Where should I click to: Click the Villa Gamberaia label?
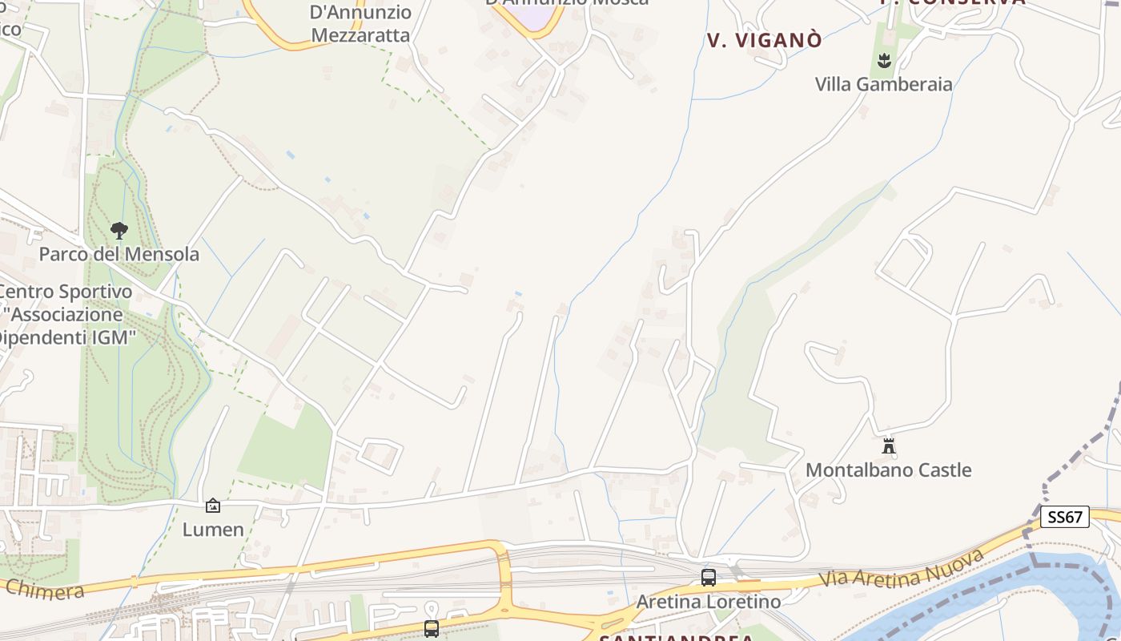tap(883, 84)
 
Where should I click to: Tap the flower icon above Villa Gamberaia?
tap(884, 60)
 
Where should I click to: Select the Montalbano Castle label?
tap(888, 470)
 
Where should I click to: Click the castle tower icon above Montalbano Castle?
tap(888, 445)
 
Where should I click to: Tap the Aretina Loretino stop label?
tap(708, 601)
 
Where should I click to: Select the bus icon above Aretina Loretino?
tap(708, 577)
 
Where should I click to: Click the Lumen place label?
tap(213, 530)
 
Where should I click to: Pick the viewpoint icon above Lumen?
tap(213, 506)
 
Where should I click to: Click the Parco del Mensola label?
tap(119, 255)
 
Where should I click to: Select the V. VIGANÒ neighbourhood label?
tap(764, 41)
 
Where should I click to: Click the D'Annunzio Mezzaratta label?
tap(360, 24)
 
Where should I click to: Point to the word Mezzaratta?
tap(360, 35)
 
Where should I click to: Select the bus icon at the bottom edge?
tap(432, 629)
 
